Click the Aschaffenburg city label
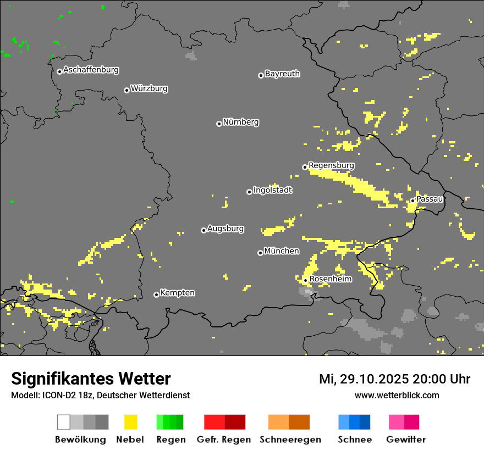coord(91,70)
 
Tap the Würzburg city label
coord(149,88)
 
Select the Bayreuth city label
coord(282,74)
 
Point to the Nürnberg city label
coord(240,123)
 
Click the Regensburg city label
coord(331,165)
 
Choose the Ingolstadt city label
coord(273,191)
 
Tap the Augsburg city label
coord(226,229)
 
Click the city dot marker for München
coord(260,253)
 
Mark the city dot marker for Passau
coord(413,201)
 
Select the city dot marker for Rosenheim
coord(306,281)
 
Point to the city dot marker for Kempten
coord(156,294)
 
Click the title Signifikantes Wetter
coord(91,379)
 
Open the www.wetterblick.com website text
coord(397,396)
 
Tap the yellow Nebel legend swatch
coord(130,422)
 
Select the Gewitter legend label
coord(405,440)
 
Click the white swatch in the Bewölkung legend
coord(63,422)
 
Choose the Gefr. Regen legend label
coord(223,440)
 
